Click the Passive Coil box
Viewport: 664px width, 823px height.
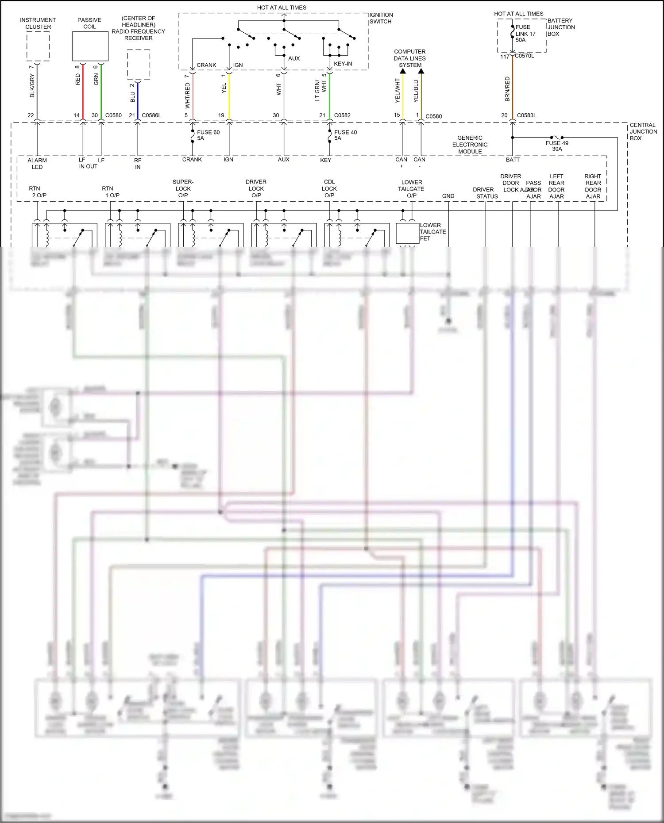90,46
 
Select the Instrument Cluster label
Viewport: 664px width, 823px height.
38,23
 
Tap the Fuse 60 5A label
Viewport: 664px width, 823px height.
208,135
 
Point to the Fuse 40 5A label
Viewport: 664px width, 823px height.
345,135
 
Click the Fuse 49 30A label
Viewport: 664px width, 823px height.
557,146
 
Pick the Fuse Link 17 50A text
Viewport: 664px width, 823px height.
525,34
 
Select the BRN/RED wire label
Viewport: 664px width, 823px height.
507,89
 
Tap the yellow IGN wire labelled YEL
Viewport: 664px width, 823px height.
229,95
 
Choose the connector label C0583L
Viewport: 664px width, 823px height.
526,115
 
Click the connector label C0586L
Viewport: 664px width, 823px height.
151,115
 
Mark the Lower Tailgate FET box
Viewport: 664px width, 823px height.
407,234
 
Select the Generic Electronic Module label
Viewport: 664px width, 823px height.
470,145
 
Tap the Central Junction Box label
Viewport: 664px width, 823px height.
643,132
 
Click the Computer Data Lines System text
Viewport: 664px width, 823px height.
410,58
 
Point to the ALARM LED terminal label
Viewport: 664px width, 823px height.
37,164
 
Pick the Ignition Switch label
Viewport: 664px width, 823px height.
381,18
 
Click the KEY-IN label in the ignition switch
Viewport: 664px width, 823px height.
343,64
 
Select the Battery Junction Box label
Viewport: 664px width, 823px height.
561,27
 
